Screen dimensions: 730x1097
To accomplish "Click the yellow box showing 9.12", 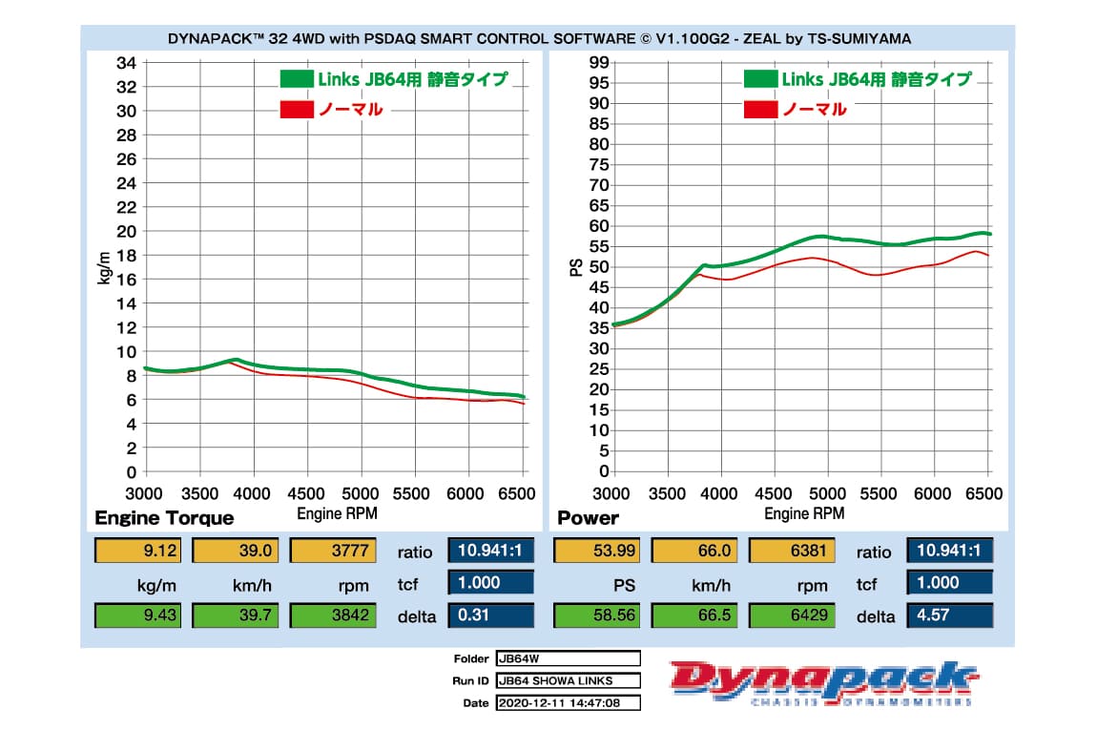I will click(138, 551).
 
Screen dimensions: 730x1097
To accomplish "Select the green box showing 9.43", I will click(138, 615).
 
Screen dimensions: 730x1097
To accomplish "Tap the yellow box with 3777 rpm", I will click(333, 551).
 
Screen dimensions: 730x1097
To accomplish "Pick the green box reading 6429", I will click(793, 615).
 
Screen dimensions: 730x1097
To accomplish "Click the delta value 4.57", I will click(948, 615).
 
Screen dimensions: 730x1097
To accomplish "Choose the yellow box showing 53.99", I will click(598, 551).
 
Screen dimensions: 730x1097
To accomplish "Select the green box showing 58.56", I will click(598, 615).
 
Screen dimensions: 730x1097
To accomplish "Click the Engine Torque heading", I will click(164, 518).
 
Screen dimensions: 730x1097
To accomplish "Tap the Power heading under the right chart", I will click(588, 518).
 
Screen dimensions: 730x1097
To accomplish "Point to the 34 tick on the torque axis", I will click(126, 63).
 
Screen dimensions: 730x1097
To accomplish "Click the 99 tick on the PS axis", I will click(598, 63).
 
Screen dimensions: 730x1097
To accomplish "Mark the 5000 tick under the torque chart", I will click(361, 492).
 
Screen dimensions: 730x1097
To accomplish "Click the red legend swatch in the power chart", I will click(759, 109).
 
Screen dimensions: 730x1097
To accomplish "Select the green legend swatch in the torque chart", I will click(296, 79).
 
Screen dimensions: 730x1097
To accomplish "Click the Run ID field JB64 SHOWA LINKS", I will click(568, 680).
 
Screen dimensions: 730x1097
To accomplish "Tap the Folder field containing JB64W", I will click(568, 658).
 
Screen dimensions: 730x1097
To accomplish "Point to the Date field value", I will click(568, 703).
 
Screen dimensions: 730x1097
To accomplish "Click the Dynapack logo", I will click(824, 682).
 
